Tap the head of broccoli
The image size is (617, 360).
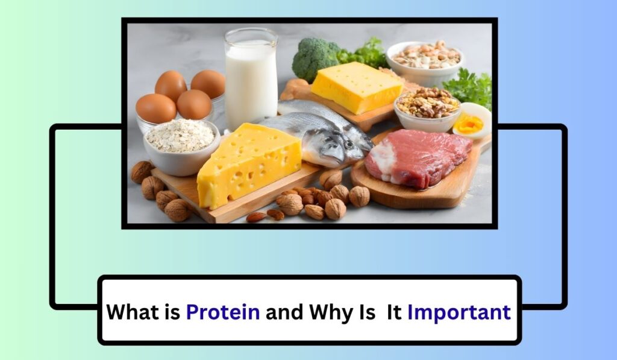(314, 58)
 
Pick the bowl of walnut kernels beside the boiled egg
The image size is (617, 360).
(427, 107)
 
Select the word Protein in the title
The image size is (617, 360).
(223, 312)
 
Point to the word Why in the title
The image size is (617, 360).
(331, 312)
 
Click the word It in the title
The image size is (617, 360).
(395, 312)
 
